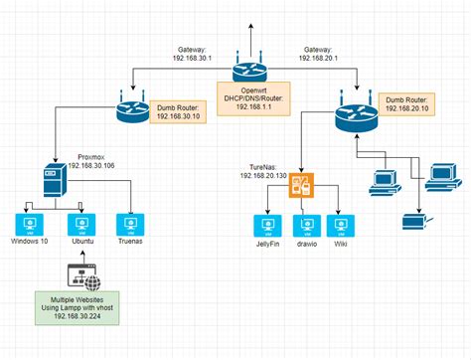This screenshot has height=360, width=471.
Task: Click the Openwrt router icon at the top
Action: click(x=245, y=71)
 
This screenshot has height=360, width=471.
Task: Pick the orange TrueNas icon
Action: click(x=302, y=185)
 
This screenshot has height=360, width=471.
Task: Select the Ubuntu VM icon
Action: click(x=81, y=224)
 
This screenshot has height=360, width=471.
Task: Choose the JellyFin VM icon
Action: click(x=265, y=224)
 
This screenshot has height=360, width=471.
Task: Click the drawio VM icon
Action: click(x=304, y=224)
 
